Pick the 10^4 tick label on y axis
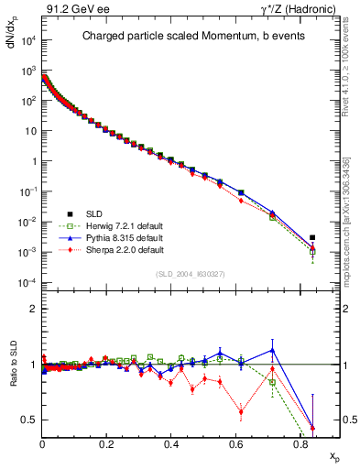click(28, 41)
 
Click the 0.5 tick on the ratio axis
click(30, 420)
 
